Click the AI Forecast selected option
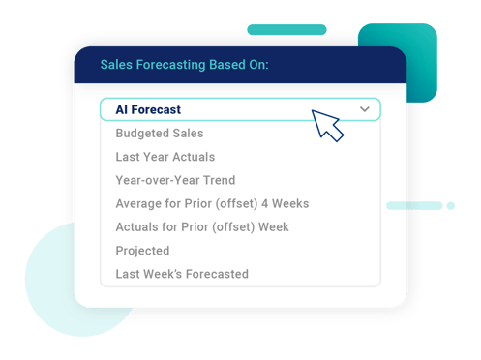[148, 110]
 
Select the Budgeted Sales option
[160, 134]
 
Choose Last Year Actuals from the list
[165, 157]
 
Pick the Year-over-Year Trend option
[175, 180]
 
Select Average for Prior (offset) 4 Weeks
[212, 204]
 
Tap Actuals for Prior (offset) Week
[202, 227]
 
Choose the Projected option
[142, 251]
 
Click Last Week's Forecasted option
[182, 274]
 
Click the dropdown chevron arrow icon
[365, 110]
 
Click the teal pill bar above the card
[286, 30]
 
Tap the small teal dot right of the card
[450, 205]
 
